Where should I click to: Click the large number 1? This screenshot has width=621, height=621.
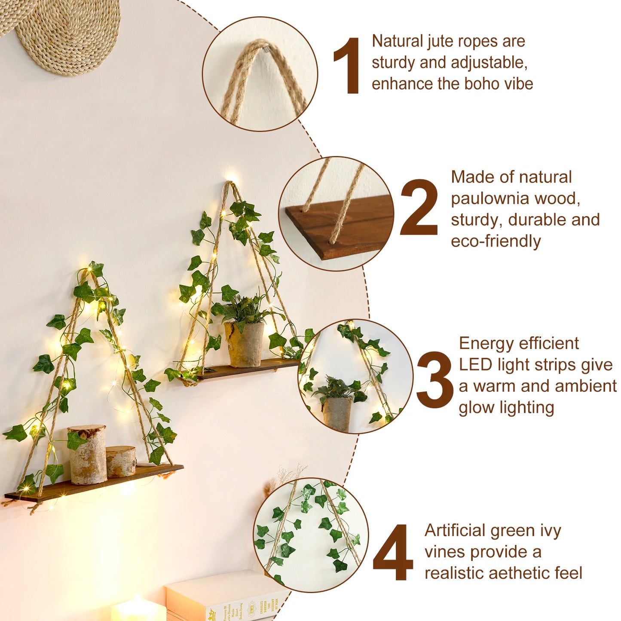click(x=347, y=65)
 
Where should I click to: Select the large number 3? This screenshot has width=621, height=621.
click(x=434, y=380)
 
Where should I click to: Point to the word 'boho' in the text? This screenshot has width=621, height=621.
click(x=480, y=84)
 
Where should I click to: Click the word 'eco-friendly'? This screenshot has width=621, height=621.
click(x=496, y=242)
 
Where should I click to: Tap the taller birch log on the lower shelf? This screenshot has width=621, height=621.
click(x=88, y=455)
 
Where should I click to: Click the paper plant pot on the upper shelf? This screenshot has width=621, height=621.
click(x=244, y=344)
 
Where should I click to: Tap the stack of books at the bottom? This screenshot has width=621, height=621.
click(x=226, y=597)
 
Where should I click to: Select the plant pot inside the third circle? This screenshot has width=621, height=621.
click(x=337, y=413)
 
